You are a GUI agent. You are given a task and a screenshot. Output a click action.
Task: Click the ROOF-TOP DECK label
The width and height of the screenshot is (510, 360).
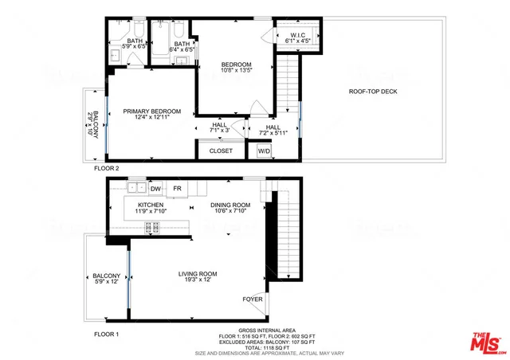pos(373,92)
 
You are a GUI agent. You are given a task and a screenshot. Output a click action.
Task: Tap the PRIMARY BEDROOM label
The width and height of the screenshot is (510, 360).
pos(151,112)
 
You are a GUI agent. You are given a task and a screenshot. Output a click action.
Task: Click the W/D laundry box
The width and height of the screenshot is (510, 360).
pos(263,150)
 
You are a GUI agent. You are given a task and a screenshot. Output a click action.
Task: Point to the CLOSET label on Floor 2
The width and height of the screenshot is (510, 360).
pos(221,151)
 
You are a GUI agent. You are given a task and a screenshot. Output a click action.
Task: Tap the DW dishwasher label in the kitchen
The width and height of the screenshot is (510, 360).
pos(155,189)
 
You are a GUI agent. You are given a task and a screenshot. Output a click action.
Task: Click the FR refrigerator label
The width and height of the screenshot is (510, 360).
pos(178,189)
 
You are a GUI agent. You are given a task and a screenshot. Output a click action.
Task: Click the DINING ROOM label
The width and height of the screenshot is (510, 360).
pos(230,205)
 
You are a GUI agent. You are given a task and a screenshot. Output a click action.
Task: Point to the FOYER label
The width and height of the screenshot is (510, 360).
pos(253,299)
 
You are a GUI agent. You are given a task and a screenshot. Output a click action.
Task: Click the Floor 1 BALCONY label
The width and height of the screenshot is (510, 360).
pos(106,276)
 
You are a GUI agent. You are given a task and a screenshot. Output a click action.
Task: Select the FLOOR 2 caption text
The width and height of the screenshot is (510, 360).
pos(106,168)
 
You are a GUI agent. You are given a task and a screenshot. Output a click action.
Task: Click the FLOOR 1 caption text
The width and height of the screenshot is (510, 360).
pos(106,335)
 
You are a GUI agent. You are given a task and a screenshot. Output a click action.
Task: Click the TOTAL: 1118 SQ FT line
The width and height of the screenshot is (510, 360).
pos(262,346)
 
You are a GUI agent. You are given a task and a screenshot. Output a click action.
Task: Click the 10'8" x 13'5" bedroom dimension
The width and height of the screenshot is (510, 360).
pos(236,70)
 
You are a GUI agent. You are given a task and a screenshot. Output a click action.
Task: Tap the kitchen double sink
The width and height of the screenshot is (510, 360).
pos(137,188)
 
